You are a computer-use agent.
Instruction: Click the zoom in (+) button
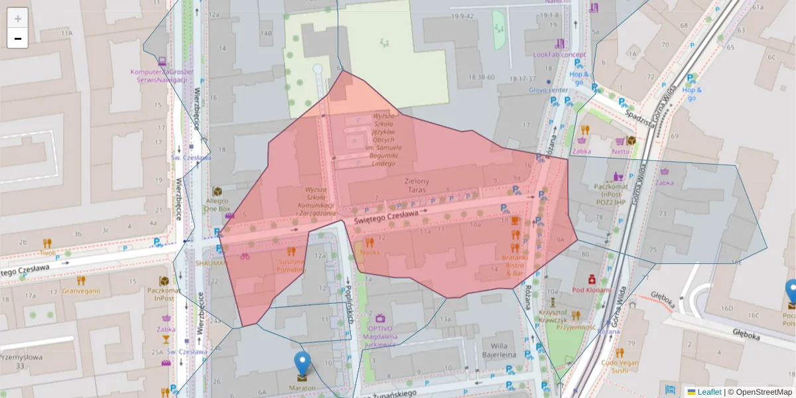18,19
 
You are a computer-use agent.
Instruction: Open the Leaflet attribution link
709,392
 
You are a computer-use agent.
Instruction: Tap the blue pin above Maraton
302,365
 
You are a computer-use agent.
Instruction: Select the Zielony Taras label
417,185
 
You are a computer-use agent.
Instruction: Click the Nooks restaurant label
370,253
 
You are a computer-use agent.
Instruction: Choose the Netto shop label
621,151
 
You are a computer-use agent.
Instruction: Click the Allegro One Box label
217,204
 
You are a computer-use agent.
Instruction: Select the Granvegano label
81,291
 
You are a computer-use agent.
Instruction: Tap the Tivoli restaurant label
48,253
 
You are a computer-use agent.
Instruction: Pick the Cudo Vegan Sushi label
619,366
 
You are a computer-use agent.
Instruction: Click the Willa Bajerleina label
499,350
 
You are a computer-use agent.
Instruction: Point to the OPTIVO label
380,328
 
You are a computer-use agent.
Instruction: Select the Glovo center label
549,90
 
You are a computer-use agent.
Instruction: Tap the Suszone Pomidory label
291,265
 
